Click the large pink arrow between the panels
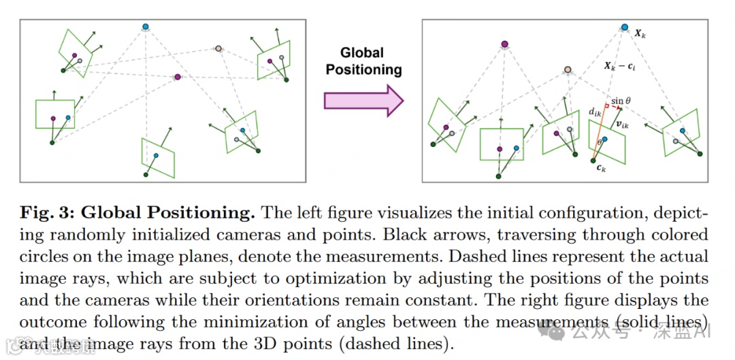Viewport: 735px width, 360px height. coord(363,100)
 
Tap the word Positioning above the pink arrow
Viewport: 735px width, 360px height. coord(364,69)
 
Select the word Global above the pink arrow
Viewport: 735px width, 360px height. coord(362,53)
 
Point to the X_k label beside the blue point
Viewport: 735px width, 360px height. coord(640,33)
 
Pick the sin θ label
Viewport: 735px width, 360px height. coord(621,101)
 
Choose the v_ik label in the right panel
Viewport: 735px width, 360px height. coord(621,125)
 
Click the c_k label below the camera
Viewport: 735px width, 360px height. coord(600,169)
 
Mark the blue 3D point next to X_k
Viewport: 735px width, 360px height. coord(624,28)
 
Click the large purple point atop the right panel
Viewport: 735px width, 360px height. coord(504,44)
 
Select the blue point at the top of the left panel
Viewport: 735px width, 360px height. coord(145,27)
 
